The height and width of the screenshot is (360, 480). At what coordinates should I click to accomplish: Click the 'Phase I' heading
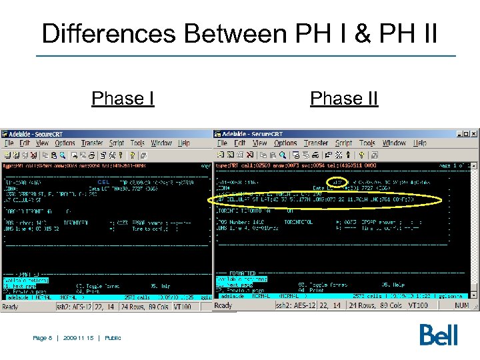click(123, 99)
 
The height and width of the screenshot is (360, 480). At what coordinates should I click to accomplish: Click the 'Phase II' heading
click(344, 99)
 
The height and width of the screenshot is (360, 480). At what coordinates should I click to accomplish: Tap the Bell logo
click(439, 335)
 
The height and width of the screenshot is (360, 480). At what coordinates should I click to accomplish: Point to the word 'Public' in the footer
click(113, 338)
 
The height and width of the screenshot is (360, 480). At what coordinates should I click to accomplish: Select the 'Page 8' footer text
click(43, 338)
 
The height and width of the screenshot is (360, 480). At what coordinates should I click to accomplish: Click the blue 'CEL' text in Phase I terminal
click(103, 182)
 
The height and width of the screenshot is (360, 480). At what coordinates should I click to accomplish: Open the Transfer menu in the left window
click(92, 143)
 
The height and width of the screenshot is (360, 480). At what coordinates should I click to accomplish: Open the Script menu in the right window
click(343, 143)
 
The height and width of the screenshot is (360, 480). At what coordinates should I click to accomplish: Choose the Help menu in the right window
click(419, 143)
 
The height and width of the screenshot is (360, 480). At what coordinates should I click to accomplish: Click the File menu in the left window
click(9, 143)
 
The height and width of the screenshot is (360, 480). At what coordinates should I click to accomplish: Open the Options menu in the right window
click(285, 143)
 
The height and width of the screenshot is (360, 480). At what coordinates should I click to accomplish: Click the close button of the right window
click(474, 133)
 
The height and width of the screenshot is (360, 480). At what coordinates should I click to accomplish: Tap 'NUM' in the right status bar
click(462, 305)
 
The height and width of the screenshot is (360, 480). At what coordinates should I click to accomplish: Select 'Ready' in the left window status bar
click(11, 307)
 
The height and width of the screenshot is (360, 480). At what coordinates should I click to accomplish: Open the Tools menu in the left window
click(137, 143)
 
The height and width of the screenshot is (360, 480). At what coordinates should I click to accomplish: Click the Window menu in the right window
click(394, 143)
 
